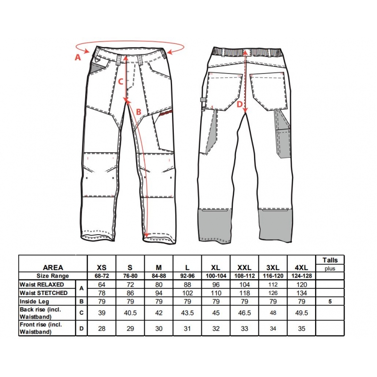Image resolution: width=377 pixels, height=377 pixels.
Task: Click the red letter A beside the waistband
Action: tap(78, 57)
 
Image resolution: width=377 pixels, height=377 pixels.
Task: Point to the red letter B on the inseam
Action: tap(139, 112)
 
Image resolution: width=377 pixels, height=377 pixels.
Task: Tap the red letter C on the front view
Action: tap(121, 82)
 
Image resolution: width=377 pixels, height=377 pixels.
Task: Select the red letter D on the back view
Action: tap(239, 104)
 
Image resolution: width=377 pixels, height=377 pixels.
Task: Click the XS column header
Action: tap(101, 268)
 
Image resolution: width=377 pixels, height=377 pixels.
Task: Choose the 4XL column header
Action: tap(301, 268)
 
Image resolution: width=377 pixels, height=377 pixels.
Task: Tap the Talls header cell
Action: tap(330, 260)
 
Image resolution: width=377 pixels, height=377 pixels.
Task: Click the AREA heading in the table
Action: tap(53, 268)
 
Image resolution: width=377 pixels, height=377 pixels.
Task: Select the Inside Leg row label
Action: tap(34, 302)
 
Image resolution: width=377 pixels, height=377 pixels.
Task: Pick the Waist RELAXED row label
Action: tap(42, 285)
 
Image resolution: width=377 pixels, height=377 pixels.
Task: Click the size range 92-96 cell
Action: tap(187, 276)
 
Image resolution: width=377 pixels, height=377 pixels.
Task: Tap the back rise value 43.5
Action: tap(187, 313)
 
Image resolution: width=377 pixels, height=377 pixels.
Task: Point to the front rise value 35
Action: tap(302, 328)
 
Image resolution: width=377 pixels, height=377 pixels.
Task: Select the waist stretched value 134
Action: tap(302, 293)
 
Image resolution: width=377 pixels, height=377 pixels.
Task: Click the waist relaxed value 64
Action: tap(102, 285)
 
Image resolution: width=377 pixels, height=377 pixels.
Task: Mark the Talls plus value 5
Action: tap(330, 302)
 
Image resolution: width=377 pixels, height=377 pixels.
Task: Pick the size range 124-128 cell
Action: tap(302, 276)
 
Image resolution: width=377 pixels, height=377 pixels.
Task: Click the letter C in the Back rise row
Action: tap(82, 313)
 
